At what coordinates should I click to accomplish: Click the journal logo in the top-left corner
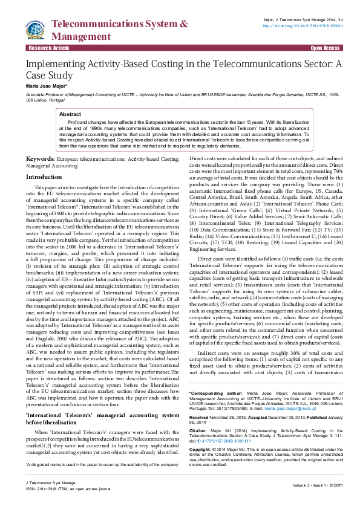tap(35, 28)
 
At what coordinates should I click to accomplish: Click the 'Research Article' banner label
tap(48, 47)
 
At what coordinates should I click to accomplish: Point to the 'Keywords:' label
tap(40, 158)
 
